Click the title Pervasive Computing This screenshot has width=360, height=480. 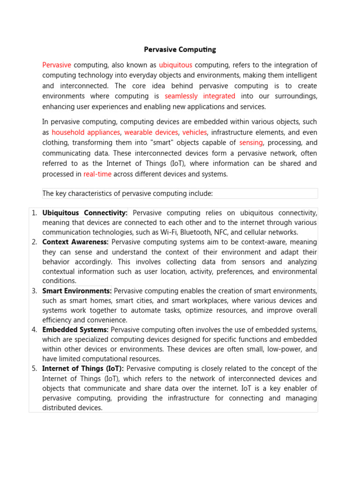click(180, 49)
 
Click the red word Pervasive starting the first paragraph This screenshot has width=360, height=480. click(57, 65)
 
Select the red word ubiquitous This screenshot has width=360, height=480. click(176, 65)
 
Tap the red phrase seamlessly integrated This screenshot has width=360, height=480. click(200, 96)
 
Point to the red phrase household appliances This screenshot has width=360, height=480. click(86, 133)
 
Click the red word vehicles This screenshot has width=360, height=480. click(195, 133)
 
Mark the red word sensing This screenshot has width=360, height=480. click(251, 143)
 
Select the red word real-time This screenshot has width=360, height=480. click(97, 174)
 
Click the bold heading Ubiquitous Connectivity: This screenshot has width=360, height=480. click(85, 213)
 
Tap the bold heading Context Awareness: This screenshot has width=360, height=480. click(75, 242)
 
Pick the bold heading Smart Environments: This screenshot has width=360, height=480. click(77, 291)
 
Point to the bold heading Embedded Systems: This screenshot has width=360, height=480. click(75, 330)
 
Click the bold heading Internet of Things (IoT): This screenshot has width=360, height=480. click(83, 369)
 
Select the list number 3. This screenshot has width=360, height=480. click(34, 291)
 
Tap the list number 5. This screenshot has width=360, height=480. click(34, 369)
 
